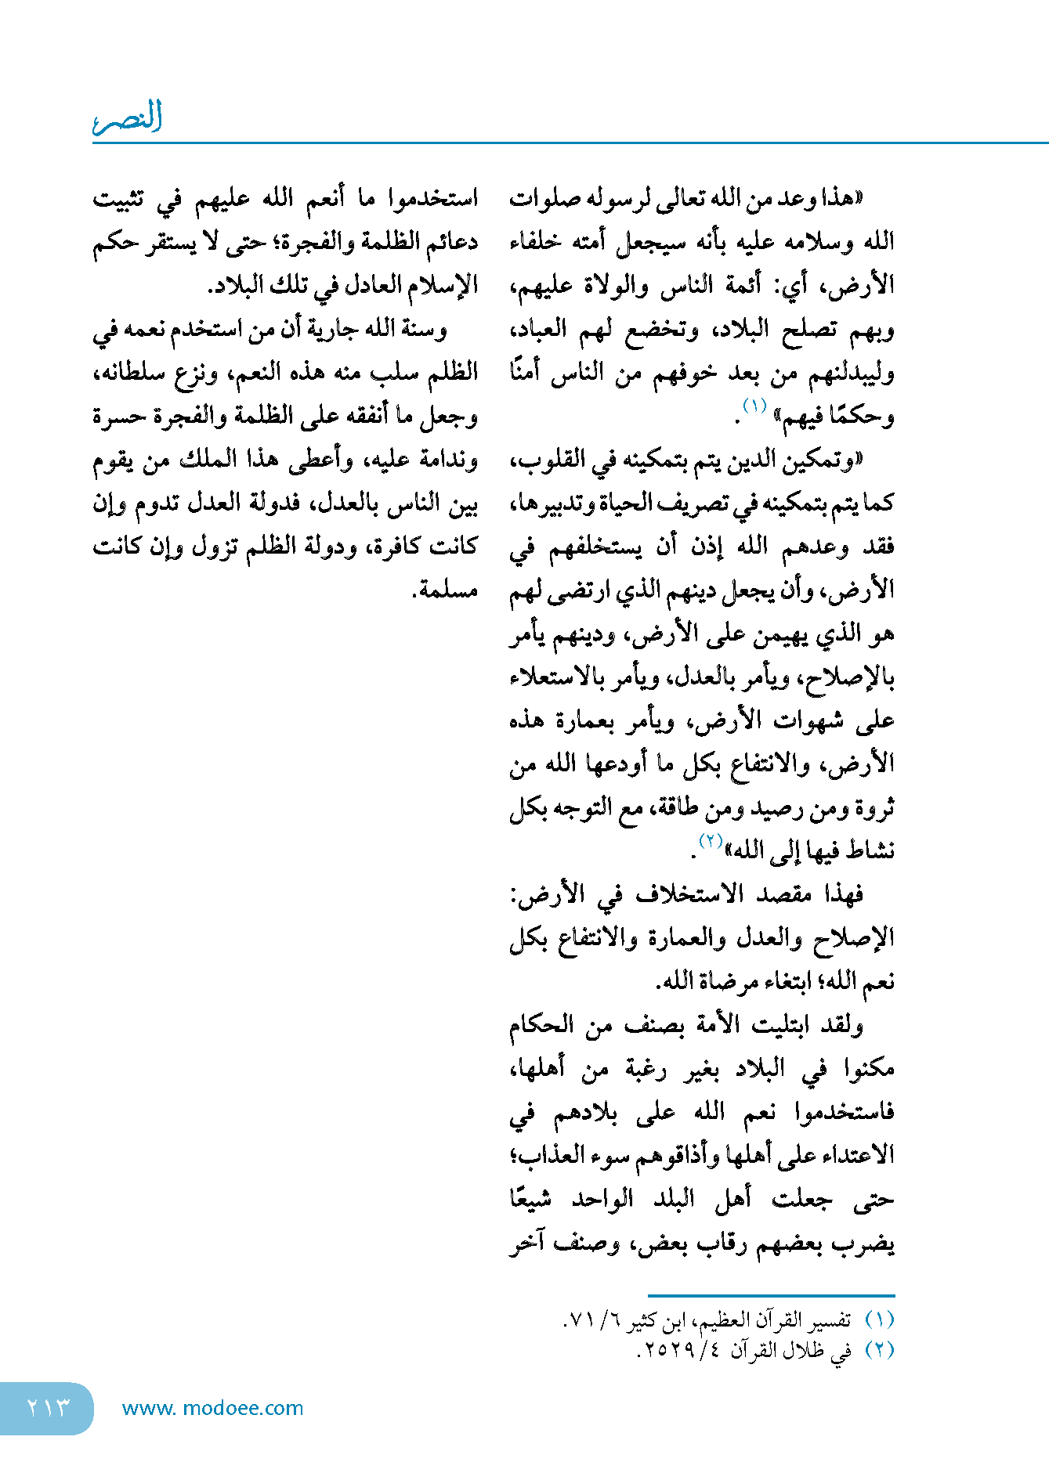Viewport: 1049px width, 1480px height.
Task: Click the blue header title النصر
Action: pyautogui.click(x=128, y=117)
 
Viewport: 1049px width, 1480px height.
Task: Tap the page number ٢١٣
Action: pyautogui.click(x=49, y=1407)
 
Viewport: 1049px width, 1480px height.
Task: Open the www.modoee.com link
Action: pyautogui.click(x=212, y=1408)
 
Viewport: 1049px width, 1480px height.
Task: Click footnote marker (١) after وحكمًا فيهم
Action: pyautogui.click(x=754, y=406)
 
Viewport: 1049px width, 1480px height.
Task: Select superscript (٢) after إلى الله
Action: pyautogui.click(x=710, y=841)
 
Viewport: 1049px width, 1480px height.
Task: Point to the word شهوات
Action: pyautogui.click(x=808, y=720)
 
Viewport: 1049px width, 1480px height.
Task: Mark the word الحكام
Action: pyautogui.click(x=541, y=1024)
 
